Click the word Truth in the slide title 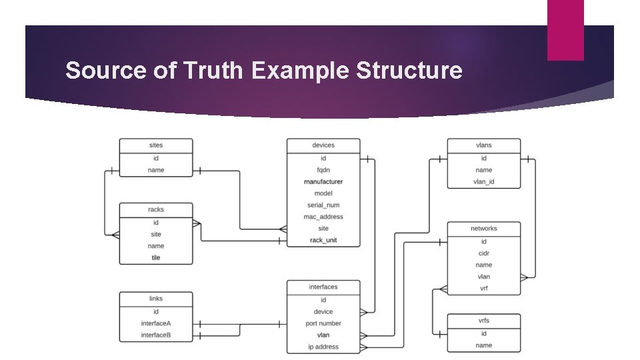(x=211, y=71)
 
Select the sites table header (x=156, y=145)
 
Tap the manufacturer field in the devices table (x=323, y=181)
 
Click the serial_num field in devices (x=323, y=205)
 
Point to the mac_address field (x=323, y=217)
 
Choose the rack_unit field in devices (x=323, y=240)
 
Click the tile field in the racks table (x=156, y=257)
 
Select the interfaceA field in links (x=156, y=323)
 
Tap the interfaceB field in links (x=156, y=335)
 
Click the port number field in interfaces (x=323, y=323)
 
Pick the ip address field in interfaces (x=323, y=347)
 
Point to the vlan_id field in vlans (x=484, y=181)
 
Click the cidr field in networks (x=484, y=253)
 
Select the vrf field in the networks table (x=484, y=288)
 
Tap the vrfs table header (x=484, y=321)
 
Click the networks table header (x=484, y=229)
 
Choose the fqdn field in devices (x=323, y=170)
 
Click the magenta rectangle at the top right (x=565, y=30)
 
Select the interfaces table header (x=323, y=287)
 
